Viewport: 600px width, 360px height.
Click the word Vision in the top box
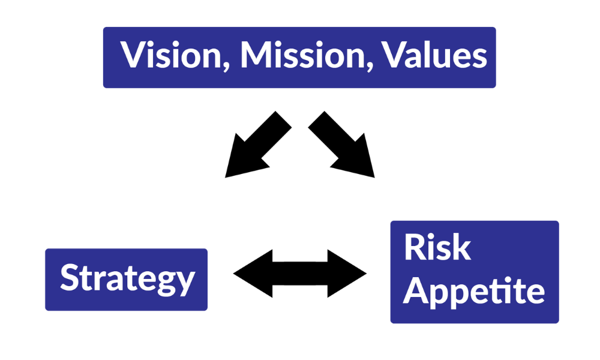click(x=171, y=55)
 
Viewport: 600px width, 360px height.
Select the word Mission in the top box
click(x=302, y=55)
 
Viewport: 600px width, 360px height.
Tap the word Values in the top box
click(x=434, y=55)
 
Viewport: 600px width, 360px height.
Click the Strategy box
click(x=126, y=280)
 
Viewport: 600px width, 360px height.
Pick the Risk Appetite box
click(x=475, y=272)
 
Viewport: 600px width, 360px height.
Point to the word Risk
click(x=437, y=247)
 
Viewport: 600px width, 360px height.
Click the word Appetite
click(x=474, y=292)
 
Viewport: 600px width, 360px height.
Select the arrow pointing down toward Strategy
click(x=258, y=145)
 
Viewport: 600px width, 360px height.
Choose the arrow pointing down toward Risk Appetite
click(x=341, y=145)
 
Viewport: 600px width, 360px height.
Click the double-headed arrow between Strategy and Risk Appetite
click(x=300, y=274)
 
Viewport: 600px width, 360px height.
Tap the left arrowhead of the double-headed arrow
click(x=253, y=274)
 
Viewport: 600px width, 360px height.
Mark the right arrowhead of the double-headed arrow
click(x=347, y=274)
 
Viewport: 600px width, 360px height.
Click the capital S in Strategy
click(x=69, y=277)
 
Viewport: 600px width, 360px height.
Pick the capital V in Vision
click(x=134, y=55)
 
